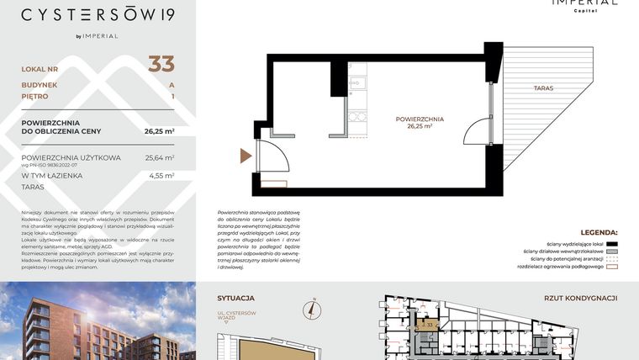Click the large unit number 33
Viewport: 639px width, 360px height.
(x=161, y=63)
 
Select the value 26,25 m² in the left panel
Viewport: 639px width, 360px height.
(x=158, y=131)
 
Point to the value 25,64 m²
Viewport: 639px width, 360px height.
(x=159, y=157)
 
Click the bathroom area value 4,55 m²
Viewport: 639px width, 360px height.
(x=161, y=176)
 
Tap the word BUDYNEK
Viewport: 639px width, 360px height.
(x=40, y=85)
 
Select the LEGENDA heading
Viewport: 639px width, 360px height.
(x=599, y=232)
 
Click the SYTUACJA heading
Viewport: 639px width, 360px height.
(x=235, y=298)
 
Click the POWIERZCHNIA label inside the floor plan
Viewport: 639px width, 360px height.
(x=420, y=119)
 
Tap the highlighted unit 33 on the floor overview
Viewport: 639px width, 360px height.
(x=427, y=325)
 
